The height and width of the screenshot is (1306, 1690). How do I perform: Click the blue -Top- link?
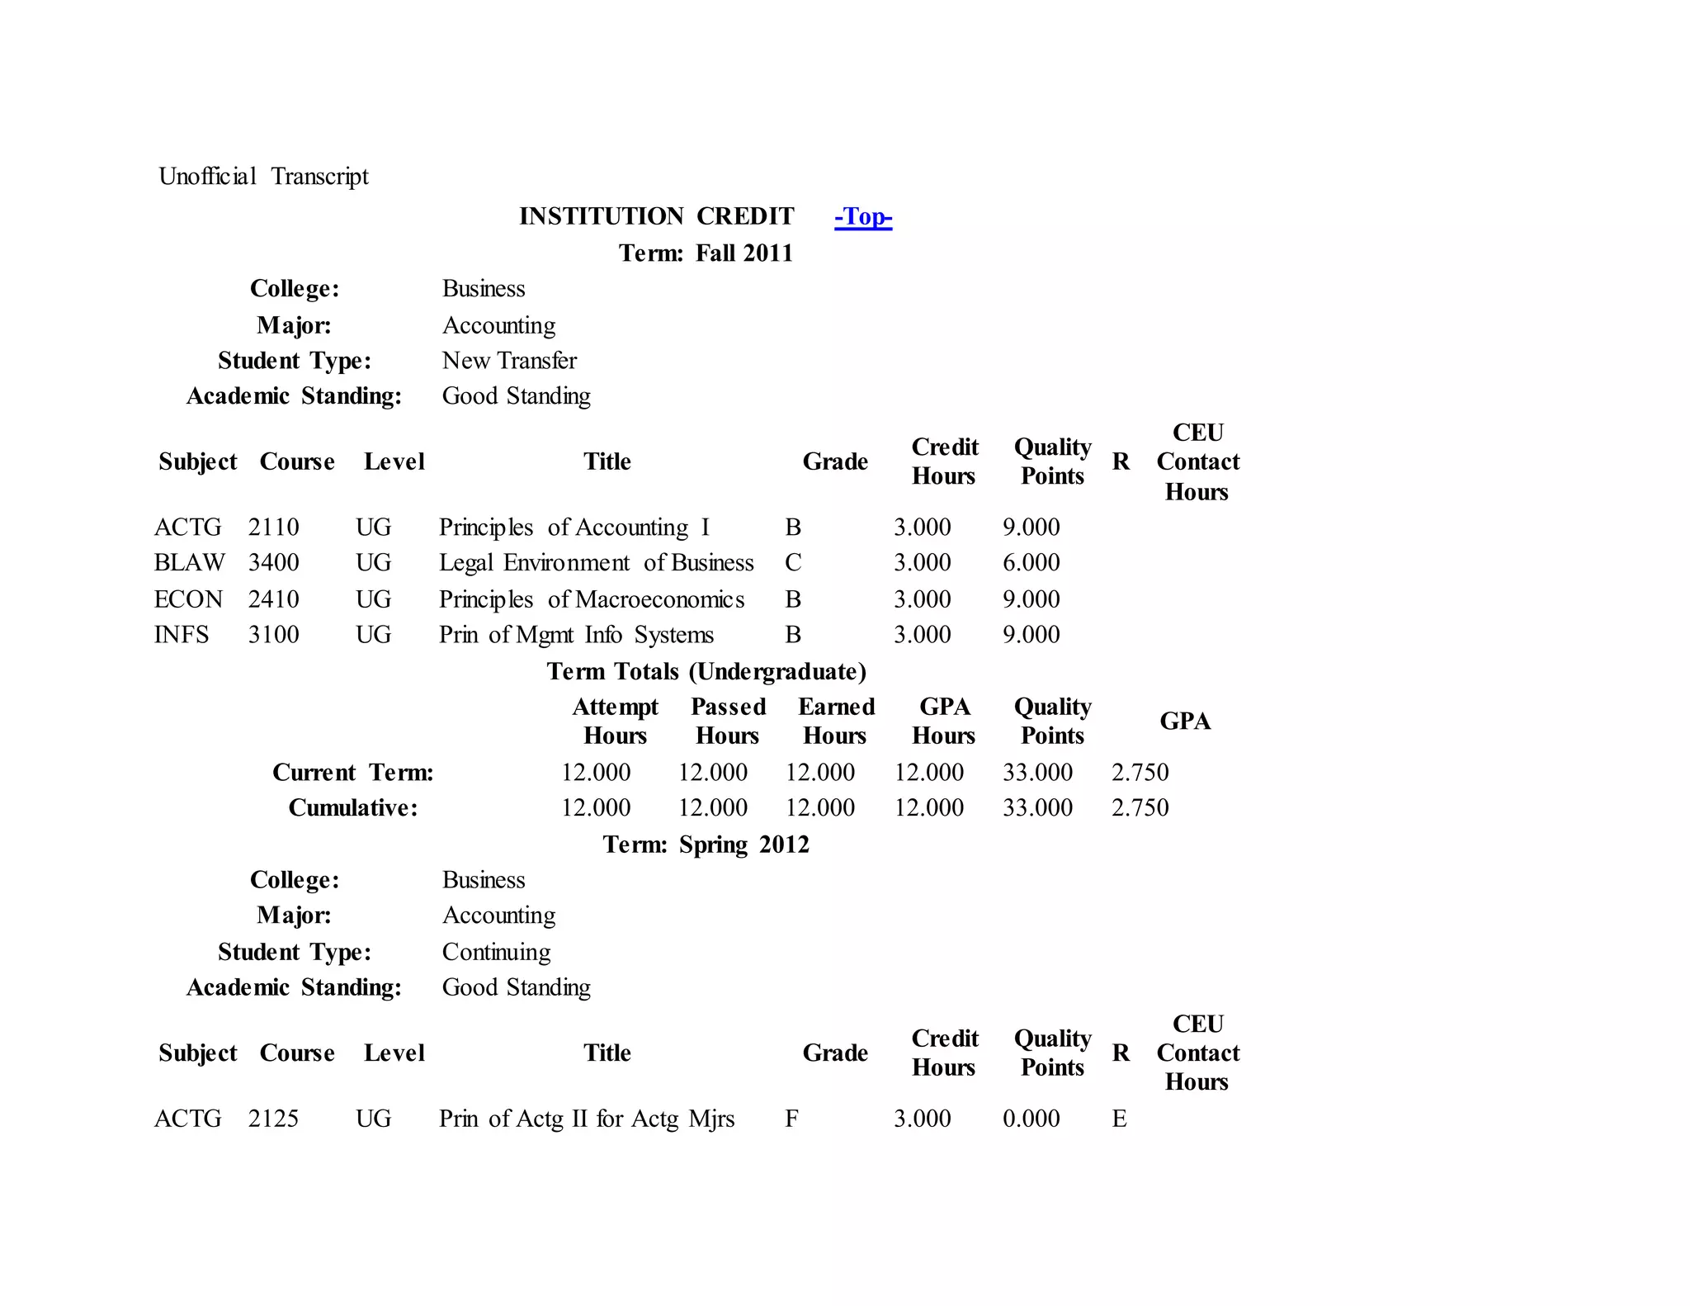coord(862,216)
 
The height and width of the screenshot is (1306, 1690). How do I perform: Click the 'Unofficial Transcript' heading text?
coord(263,176)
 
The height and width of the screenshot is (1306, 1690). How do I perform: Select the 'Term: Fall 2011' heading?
coord(706,253)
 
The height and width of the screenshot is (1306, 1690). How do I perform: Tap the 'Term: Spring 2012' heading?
coord(706,844)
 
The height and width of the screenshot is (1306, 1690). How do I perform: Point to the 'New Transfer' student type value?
coord(509,360)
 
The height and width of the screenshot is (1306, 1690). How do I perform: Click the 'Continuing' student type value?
coord(496,951)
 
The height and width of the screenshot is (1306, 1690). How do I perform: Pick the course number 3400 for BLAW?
coord(273,562)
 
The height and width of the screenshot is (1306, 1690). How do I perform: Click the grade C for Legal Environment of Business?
coord(793,562)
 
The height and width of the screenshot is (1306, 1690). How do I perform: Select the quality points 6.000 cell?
coord(1031,562)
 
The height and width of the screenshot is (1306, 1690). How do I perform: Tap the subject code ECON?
coord(188,599)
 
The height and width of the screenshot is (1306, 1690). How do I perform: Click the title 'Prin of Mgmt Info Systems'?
coord(576,634)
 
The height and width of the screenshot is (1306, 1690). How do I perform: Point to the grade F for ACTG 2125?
coord(791,1118)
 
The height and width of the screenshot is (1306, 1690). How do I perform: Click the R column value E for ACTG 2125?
coord(1119,1118)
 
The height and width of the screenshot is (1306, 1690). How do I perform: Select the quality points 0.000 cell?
coord(1031,1118)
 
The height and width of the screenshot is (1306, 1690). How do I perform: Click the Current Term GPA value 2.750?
coord(1140,772)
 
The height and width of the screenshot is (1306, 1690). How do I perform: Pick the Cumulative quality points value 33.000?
coord(1037,807)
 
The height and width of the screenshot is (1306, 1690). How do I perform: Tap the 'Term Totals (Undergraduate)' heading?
coord(706,671)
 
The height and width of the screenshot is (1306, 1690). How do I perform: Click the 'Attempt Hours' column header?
coord(615,721)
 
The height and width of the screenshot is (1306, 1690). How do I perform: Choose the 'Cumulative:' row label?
coord(353,807)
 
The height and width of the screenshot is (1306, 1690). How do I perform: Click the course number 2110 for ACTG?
coord(273,527)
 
